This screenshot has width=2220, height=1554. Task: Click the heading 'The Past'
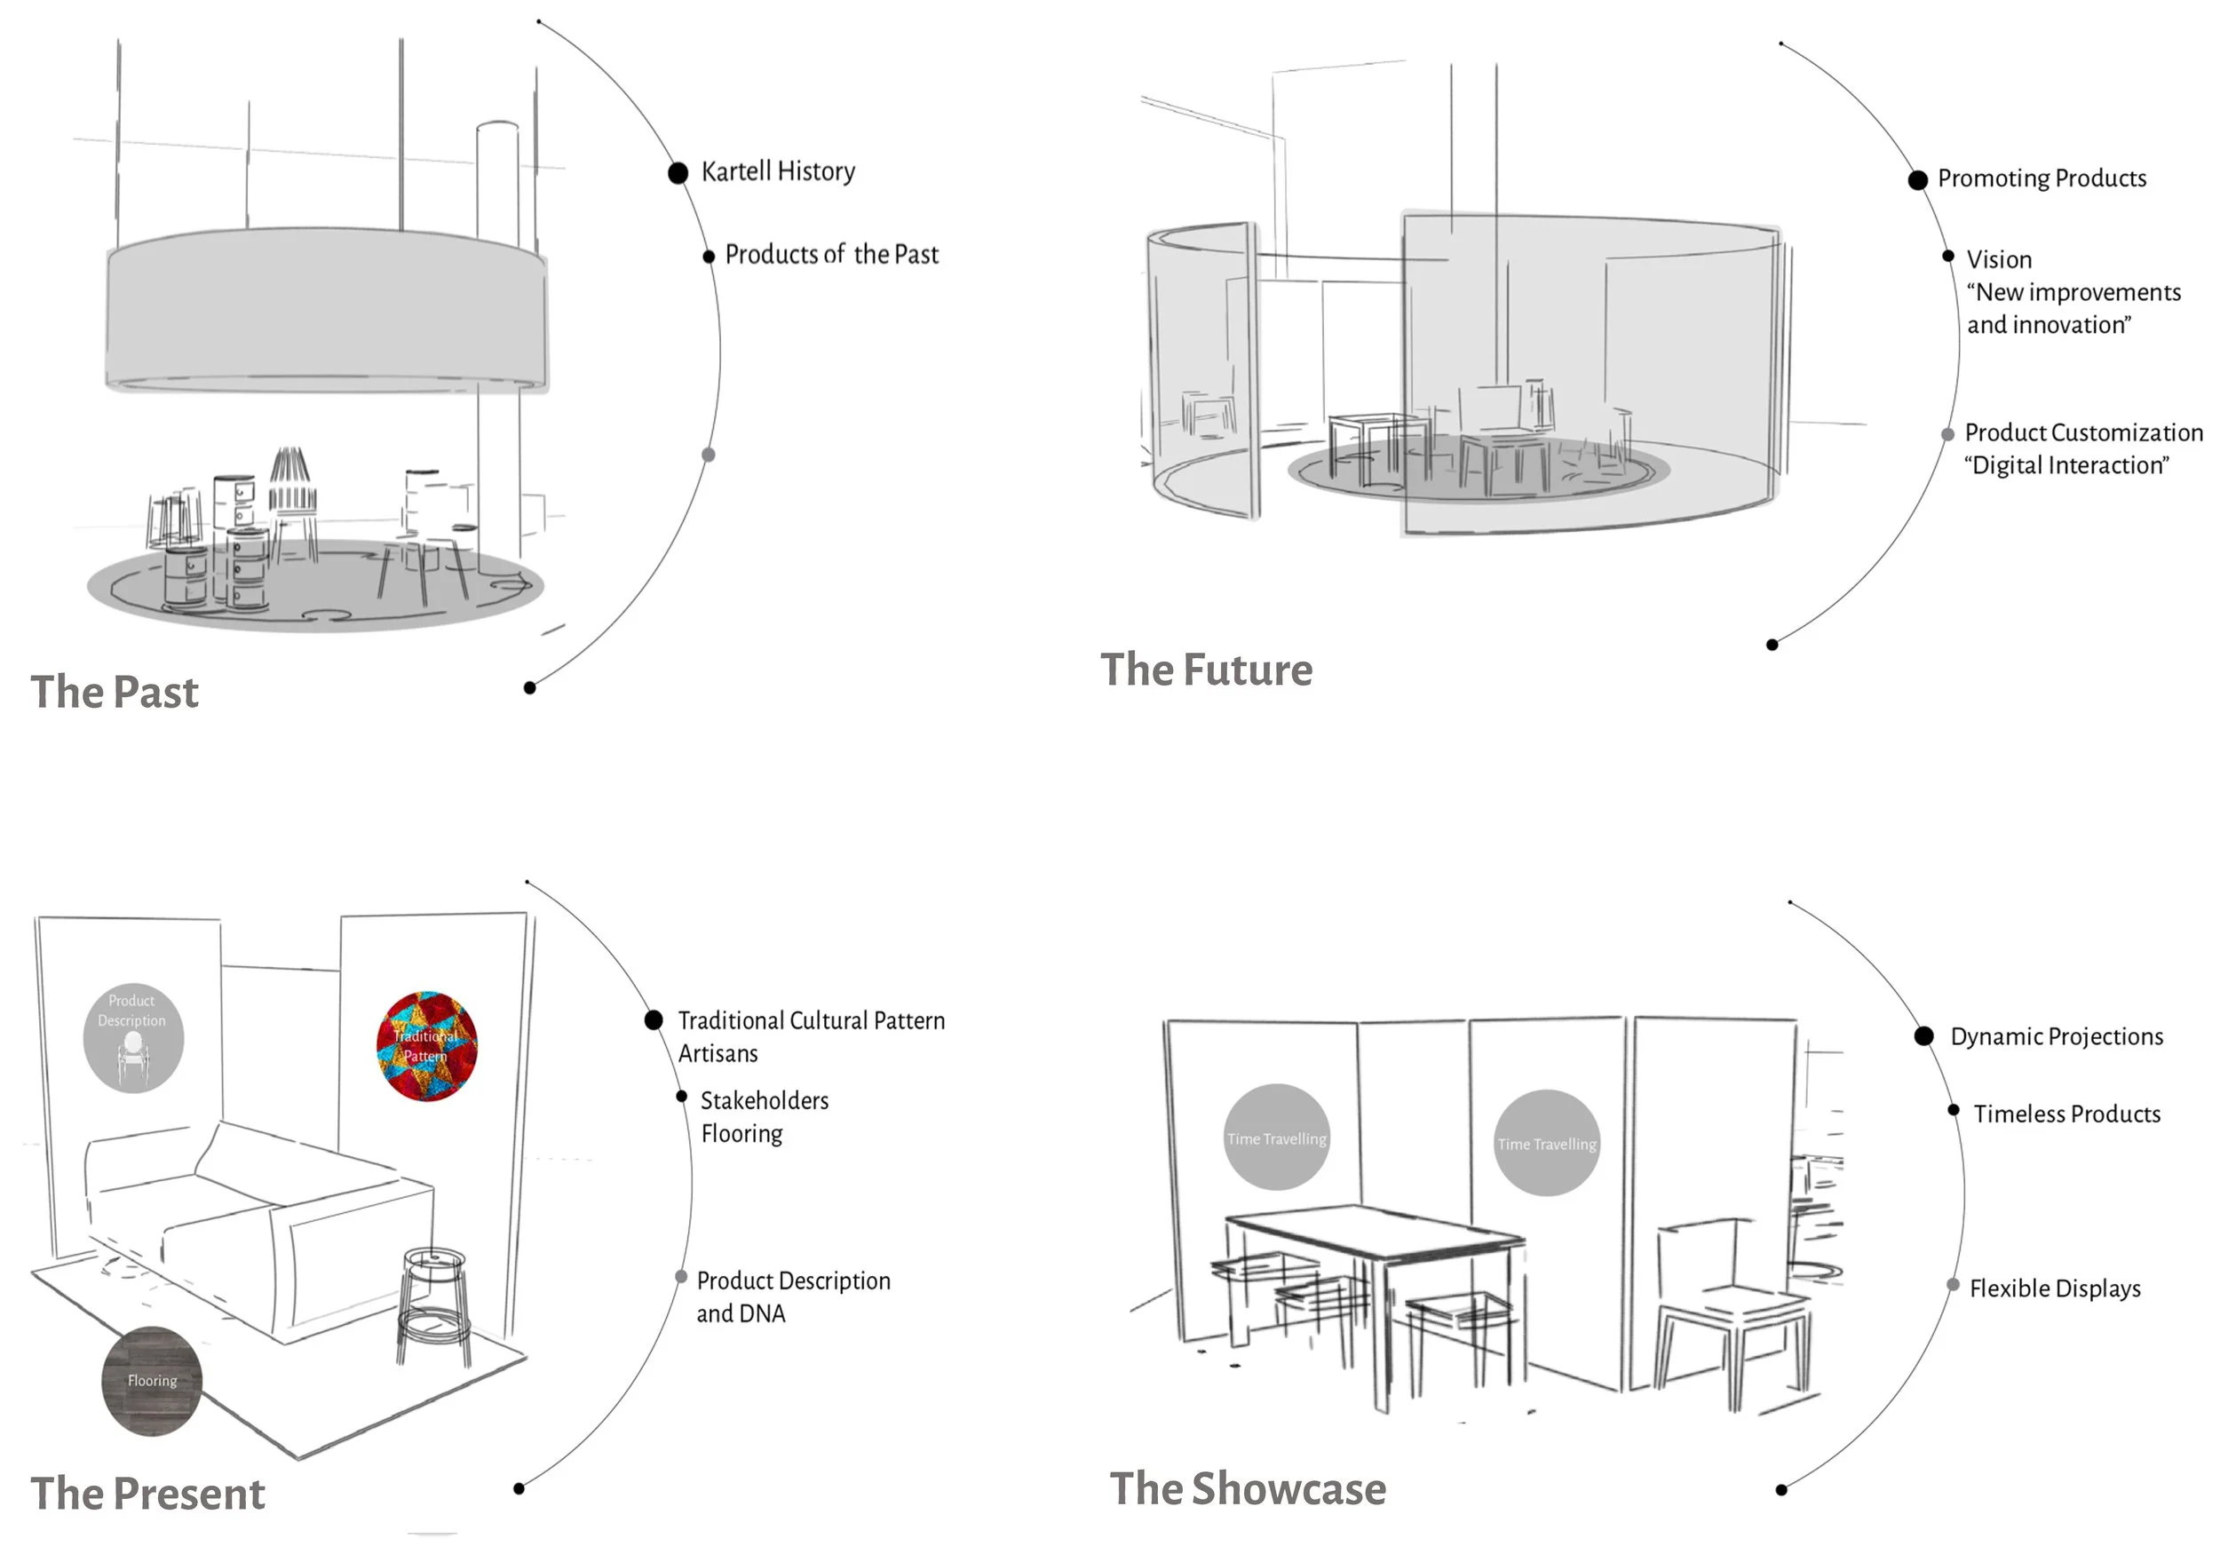(114, 693)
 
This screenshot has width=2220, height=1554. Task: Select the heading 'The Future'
(1206, 670)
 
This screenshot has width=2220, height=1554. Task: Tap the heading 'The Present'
(147, 1493)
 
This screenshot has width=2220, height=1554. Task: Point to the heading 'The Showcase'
(1248, 1488)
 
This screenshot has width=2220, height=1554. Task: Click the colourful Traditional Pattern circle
(426, 1046)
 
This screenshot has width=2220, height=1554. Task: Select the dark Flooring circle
(152, 1381)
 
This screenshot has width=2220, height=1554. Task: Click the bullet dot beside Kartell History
(678, 173)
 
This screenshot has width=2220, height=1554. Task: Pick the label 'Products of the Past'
(831, 254)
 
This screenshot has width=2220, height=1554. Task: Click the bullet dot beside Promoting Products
(1917, 180)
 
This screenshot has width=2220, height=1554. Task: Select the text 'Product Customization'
(2082, 432)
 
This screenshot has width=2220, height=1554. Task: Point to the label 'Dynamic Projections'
(2057, 1036)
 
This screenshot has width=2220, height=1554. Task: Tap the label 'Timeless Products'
(2066, 1114)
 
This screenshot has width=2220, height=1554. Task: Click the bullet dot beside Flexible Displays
(1952, 1285)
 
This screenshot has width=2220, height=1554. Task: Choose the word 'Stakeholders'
(764, 1100)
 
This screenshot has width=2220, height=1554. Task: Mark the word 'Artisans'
(718, 1053)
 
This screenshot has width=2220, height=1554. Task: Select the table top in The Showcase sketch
(1373, 1228)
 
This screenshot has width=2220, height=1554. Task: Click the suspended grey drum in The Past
(326, 309)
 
